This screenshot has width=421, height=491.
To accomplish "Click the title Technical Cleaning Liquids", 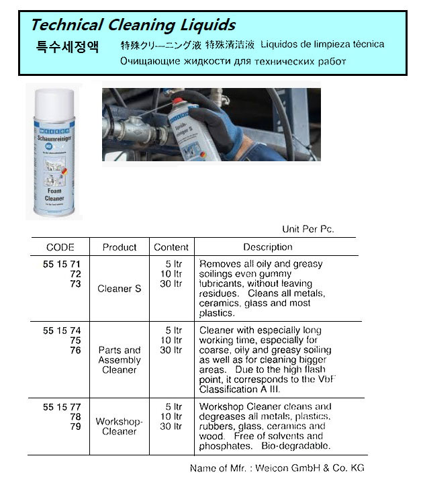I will pos(133,26).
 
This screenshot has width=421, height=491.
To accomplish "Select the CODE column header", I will pos(60,247).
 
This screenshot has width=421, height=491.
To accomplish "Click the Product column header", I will pos(120,247).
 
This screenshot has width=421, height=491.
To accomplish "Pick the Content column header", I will pos(171,247).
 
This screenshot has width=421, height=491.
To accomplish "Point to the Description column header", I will pos(267,247).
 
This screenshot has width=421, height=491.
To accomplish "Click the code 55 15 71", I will pos(61,265).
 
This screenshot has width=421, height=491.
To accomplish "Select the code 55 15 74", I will pos(61,330).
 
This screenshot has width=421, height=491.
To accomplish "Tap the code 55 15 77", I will pos(61,407).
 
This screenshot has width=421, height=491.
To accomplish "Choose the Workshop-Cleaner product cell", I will pos(120,426).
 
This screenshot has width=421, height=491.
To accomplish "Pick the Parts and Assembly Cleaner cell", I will pos(120,359).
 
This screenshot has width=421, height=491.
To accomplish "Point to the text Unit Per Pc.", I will pos(308,229).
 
